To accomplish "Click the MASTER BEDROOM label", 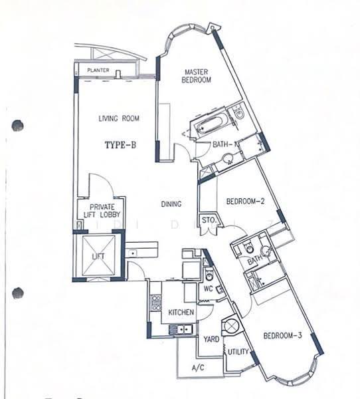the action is pyautogui.click(x=196, y=76).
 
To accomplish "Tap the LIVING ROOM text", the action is pyautogui.click(x=119, y=118).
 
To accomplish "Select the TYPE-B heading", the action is pyautogui.click(x=120, y=145).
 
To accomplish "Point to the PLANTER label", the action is pyautogui.click(x=98, y=70).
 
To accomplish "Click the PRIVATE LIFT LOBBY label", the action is pyautogui.click(x=102, y=211).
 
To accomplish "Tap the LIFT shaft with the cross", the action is pyautogui.click(x=99, y=255).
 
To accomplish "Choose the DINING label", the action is pyautogui.click(x=171, y=204).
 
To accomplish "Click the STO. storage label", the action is pyautogui.click(x=209, y=220).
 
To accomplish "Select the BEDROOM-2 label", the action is pyautogui.click(x=245, y=201).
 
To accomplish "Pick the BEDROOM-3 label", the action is pyautogui.click(x=282, y=336).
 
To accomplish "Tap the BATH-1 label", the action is pyautogui.click(x=225, y=144).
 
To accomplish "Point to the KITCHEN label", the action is pyautogui.click(x=181, y=313).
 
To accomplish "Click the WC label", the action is pyautogui.click(x=208, y=289).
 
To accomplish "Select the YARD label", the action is pyautogui.click(x=211, y=339).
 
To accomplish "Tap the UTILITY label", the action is pyautogui.click(x=238, y=352).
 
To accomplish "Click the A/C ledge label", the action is pyautogui.click(x=198, y=368).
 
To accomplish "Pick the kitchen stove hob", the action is pyautogui.click(x=156, y=302).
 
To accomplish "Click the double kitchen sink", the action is pyautogui.click(x=181, y=330).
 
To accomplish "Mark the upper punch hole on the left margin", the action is pyautogui.click(x=18, y=126).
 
